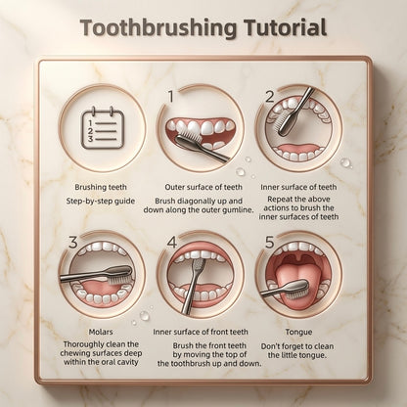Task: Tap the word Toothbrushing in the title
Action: click(x=158, y=28)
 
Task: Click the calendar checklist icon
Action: click(x=103, y=127)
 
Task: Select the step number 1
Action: click(x=171, y=96)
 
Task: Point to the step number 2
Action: click(x=269, y=97)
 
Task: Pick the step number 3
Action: click(x=73, y=243)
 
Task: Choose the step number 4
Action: click(x=171, y=243)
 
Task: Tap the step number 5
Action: click(x=269, y=243)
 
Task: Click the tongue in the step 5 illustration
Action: click(x=292, y=281)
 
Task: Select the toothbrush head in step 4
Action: click(x=198, y=266)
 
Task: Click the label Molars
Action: click(x=101, y=332)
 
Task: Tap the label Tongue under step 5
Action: click(x=298, y=333)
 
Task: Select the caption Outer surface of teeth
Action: click(x=203, y=187)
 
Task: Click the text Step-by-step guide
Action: click(x=101, y=201)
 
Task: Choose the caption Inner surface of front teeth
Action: click(x=201, y=332)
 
